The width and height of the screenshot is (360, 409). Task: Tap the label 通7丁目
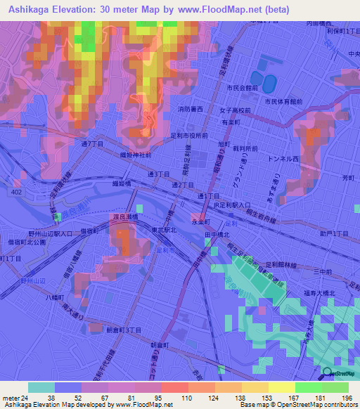point(93,143)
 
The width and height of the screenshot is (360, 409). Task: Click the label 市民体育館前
point(283,101)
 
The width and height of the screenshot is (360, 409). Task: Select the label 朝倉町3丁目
point(124,330)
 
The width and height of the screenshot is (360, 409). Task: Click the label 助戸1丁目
point(333,232)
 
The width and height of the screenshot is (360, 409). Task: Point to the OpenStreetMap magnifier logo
point(327,373)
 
